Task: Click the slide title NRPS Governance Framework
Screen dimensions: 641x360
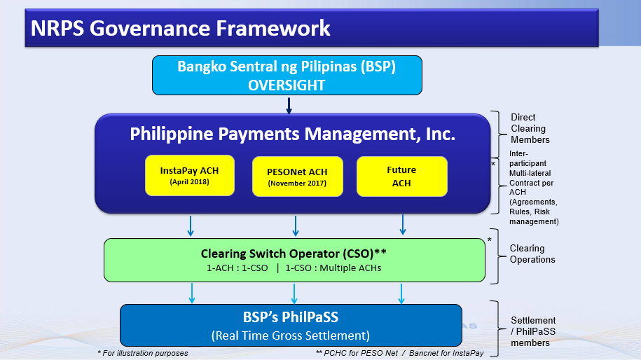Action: [x=180, y=28]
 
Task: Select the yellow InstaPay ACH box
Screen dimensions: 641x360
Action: [x=190, y=175]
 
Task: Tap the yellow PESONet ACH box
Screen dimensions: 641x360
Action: [x=298, y=176]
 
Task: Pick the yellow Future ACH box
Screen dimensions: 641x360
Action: [x=402, y=176]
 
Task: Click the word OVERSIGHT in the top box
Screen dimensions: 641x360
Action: [x=287, y=85]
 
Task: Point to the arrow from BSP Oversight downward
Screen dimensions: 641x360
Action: [x=289, y=106]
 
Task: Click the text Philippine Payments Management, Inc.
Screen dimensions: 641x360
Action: [x=293, y=134]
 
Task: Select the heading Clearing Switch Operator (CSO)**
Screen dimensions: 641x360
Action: [x=294, y=254]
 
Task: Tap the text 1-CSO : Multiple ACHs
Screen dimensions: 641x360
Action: [x=333, y=268]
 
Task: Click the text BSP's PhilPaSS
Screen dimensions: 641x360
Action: [x=291, y=317]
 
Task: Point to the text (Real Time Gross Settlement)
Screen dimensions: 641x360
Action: [x=291, y=335]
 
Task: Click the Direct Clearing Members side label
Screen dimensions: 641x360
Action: [x=530, y=128]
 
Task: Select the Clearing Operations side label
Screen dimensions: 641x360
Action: [x=532, y=254]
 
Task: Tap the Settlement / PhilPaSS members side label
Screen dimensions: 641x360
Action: [x=533, y=331]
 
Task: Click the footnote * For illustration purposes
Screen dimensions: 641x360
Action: [x=143, y=353]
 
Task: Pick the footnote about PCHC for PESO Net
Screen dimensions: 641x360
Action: [x=400, y=353]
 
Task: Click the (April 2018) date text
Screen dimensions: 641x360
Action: [x=190, y=182]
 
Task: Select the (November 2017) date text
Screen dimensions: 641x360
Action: [x=297, y=183]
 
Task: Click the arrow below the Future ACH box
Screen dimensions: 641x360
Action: [x=403, y=225]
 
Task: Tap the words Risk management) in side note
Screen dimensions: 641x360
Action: [x=534, y=216]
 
